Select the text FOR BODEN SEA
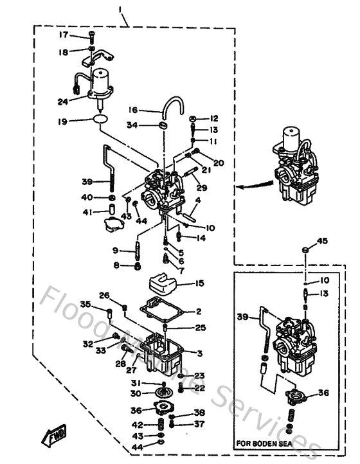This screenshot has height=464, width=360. coord(267,443)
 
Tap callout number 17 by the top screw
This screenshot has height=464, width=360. coord(64,35)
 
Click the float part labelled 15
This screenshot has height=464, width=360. coord(162,283)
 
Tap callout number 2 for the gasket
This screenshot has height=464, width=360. coord(199,311)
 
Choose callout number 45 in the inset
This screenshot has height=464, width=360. coord(322,240)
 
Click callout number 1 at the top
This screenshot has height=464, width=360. coord(120,10)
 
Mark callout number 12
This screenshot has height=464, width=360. coord(214,118)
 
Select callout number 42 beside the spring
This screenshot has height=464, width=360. coord(136,425)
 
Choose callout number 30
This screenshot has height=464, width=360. coord(136,394)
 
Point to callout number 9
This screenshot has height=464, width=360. coord(115,250)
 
